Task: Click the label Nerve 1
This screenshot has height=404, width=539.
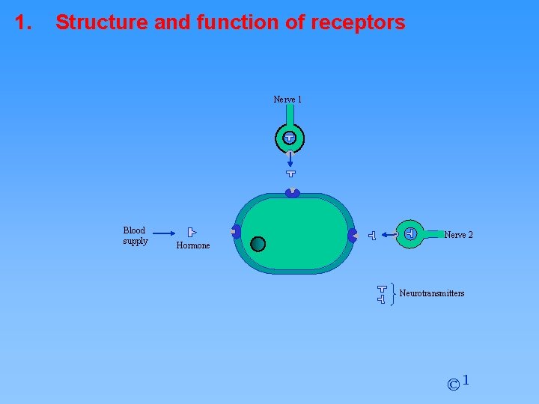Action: (x=287, y=100)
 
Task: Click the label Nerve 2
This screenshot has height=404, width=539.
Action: (x=458, y=235)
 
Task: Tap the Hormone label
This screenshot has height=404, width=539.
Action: (x=193, y=245)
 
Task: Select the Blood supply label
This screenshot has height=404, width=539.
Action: (x=135, y=236)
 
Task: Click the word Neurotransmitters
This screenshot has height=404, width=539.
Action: (x=432, y=293)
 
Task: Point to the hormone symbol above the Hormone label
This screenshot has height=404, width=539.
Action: (x=192, y=233)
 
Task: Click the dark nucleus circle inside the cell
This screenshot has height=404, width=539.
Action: (x=258, y=243)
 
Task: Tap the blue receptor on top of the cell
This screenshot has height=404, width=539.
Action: (x=292, y=193)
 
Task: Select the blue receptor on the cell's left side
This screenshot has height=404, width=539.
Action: (x=236, y=232)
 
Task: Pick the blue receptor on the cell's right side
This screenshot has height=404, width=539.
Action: (x=352, y=234)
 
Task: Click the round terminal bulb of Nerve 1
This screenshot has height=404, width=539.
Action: (x=290, y=138)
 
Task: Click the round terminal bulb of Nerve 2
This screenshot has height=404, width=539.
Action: (x=409, y=234)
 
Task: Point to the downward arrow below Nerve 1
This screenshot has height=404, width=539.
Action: (x=290, y=159)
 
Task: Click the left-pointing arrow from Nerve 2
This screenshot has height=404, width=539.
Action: (x=389, y=235)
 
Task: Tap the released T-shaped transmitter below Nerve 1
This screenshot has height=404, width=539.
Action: (x=290, y=174)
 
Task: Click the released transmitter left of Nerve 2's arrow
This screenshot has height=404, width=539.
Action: (x=372, y=236)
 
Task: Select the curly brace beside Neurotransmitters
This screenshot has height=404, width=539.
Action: (x=394, y=293)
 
